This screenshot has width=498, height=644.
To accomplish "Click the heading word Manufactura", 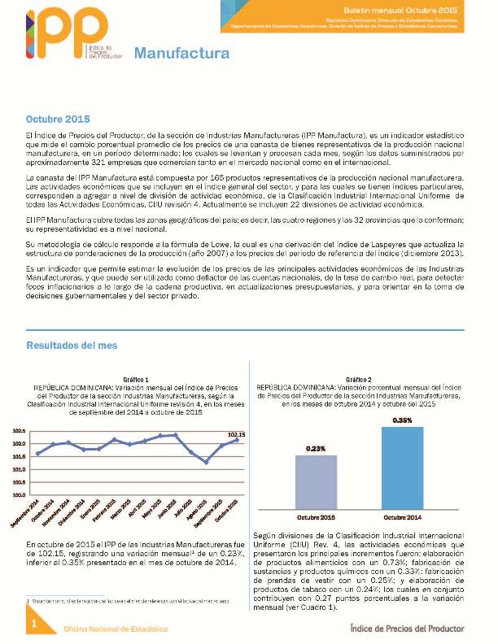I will click(x=181, y=54).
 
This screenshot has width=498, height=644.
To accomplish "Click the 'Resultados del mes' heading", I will click(x=72, y=346).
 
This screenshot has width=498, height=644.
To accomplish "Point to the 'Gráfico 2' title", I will click(x=358, y=380).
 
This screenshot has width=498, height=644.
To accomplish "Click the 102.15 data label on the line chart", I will click(x=237, y=435).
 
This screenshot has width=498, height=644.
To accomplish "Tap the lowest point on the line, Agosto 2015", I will click(x=206, y=462).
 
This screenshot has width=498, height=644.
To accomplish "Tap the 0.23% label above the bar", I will click(x=317, y=448).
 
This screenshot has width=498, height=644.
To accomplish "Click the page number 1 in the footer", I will click(x=34, y=624).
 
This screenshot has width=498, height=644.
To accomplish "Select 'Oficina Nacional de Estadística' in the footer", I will click(x=116, y=629).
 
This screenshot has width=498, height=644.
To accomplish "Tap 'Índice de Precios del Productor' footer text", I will click(x=407, y=628).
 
